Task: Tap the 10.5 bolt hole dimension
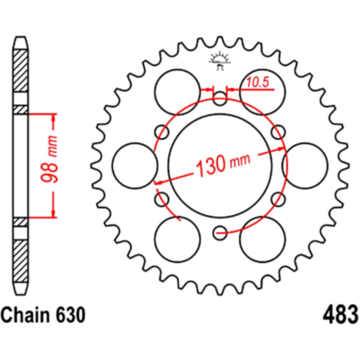click(x=257, y=82)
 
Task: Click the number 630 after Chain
click(x=70, y=315)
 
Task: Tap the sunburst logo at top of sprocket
click(x=219, y=61)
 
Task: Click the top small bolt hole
click(x=220, y=99)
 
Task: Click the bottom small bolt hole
click(x=220, y=233)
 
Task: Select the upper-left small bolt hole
click(x=162, y=132)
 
